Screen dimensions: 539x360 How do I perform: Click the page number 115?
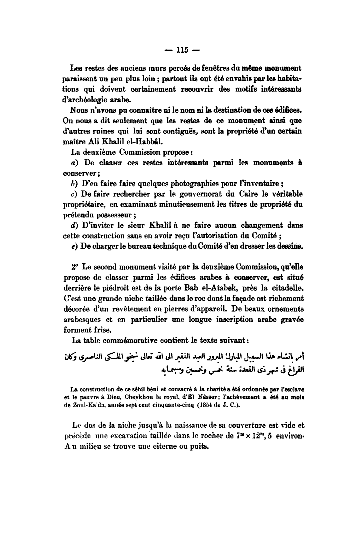point(179,49)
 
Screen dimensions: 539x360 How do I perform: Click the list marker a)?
point(68,163)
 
